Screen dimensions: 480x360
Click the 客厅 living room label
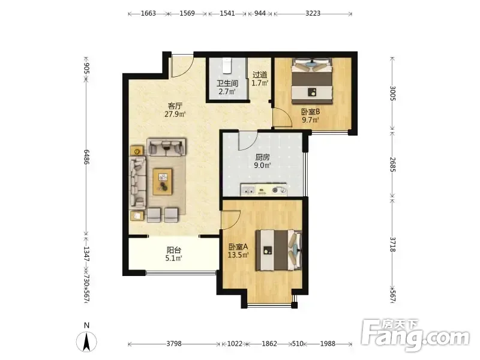175,106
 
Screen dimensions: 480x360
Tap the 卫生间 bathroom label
227,83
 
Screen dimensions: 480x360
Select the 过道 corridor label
260,74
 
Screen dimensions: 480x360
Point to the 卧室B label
310,112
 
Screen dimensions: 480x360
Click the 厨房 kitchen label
263,157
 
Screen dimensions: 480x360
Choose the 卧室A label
238,247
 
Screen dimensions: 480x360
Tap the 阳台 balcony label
174,250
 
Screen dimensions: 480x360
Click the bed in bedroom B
311,81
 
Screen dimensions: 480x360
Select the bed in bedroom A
278,250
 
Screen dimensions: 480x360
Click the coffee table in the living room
163,182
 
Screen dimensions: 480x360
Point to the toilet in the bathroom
227,65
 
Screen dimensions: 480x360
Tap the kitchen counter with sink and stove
263,190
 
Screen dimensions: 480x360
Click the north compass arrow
86,342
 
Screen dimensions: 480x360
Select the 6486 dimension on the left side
86,157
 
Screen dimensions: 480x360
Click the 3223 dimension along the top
313,13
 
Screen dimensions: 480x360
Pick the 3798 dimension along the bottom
174,344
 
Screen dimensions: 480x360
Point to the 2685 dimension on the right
393,164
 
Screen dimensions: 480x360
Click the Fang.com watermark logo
415,336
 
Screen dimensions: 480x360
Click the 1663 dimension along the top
148,13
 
